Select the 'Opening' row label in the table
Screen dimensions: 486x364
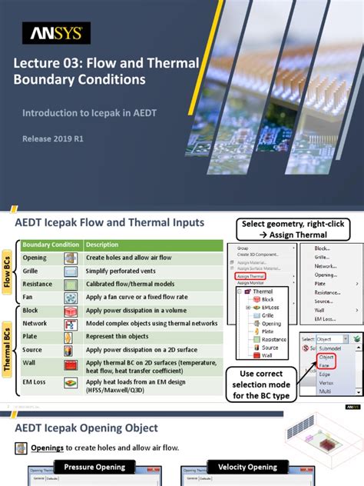[35, 258]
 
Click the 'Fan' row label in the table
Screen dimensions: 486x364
[28, 297]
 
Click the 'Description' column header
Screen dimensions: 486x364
[102, 245]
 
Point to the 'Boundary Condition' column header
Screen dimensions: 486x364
[51, 245]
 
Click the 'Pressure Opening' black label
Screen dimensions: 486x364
[95, 467]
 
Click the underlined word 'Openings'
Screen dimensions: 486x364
[46, 448]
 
